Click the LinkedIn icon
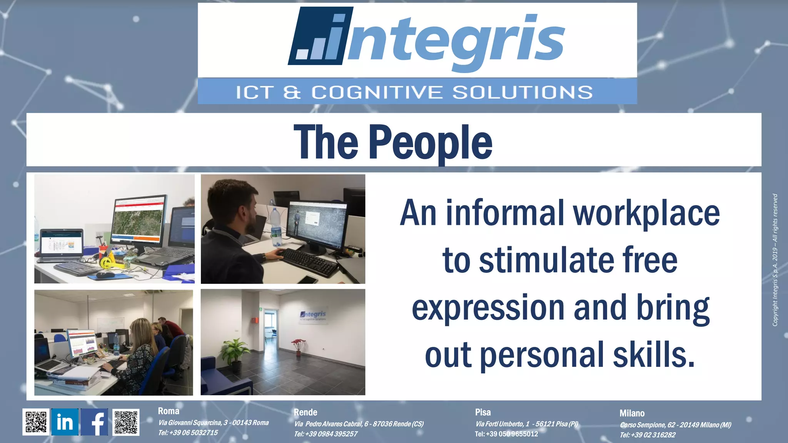pos(65,422)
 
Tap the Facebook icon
pos(94,422)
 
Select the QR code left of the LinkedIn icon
pos(36,422)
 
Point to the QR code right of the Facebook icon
pos(126,422)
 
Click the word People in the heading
pos(431,142)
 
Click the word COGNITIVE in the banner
pos(377,92)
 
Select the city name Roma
pos(169,411)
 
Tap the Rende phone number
pos(326,434)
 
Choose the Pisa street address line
pos(527,424)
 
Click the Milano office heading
pos(632,413)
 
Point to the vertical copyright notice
pos(775,260)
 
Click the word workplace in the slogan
pos(646,213)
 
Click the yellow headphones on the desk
pos(106,262)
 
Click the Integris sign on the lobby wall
pos(313,316)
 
